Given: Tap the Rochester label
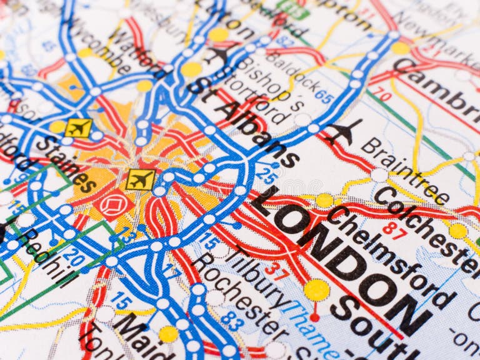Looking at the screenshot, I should (x=241, y=294).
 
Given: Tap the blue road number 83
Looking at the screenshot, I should (x=232, y=320).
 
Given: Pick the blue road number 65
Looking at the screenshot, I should (x=324, y=96).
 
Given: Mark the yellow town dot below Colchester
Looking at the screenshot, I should (x=457, y=231).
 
